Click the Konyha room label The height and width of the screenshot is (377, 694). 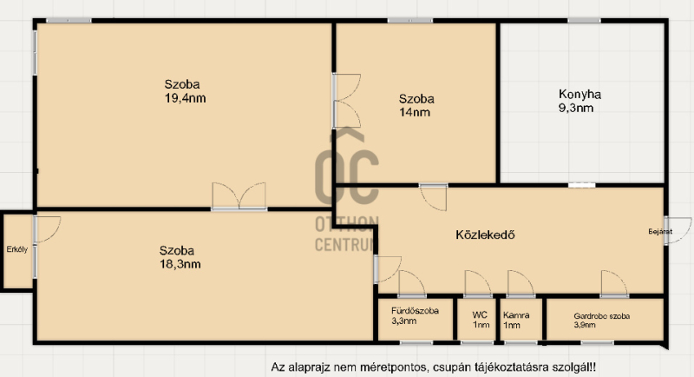(579, 94)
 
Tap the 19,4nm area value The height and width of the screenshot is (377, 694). (185, 98)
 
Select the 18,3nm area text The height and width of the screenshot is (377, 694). (180, 264)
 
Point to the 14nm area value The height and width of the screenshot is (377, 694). (415, 112)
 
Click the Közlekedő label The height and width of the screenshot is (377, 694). (485, 235)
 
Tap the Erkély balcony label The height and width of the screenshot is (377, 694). (16, 249)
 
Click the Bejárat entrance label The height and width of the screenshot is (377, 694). (660, 231)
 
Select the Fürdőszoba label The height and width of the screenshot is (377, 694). (415, 311)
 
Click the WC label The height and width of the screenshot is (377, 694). (480, 315)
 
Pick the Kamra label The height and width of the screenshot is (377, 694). (516, 315)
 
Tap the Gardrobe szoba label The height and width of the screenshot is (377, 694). (601, 316)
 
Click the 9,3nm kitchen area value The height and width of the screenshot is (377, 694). (576, 108)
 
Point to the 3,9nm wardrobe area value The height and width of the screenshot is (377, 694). (585, 325)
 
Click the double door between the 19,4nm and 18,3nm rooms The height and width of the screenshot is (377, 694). (239, 195)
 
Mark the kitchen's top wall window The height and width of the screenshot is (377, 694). (584, 20)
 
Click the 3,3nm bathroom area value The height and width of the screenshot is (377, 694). (403, 321)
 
